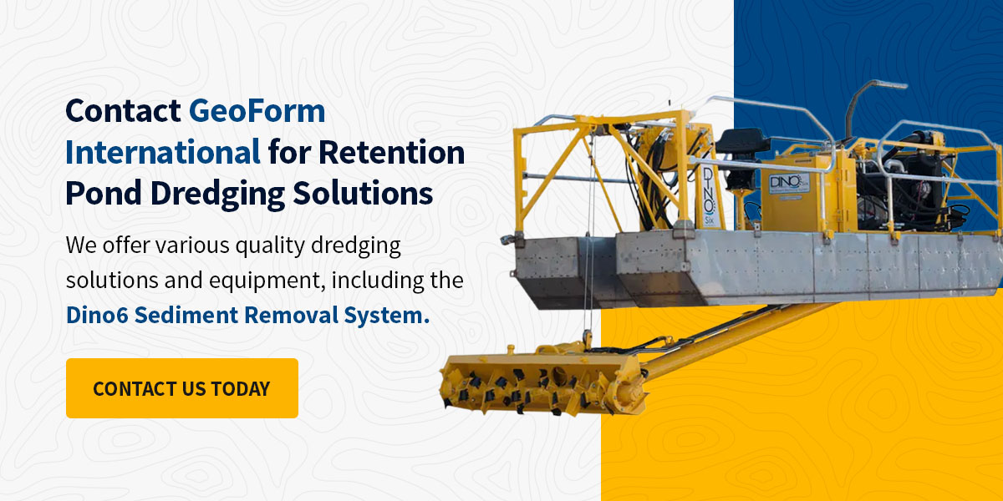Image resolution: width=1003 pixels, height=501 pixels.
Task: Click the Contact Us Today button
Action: [181, 388]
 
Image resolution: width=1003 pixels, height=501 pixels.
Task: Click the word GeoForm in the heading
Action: [257, 111]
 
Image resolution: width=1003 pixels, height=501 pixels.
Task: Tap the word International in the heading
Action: [163, 153]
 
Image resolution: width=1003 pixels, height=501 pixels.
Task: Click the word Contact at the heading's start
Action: [123, 111]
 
